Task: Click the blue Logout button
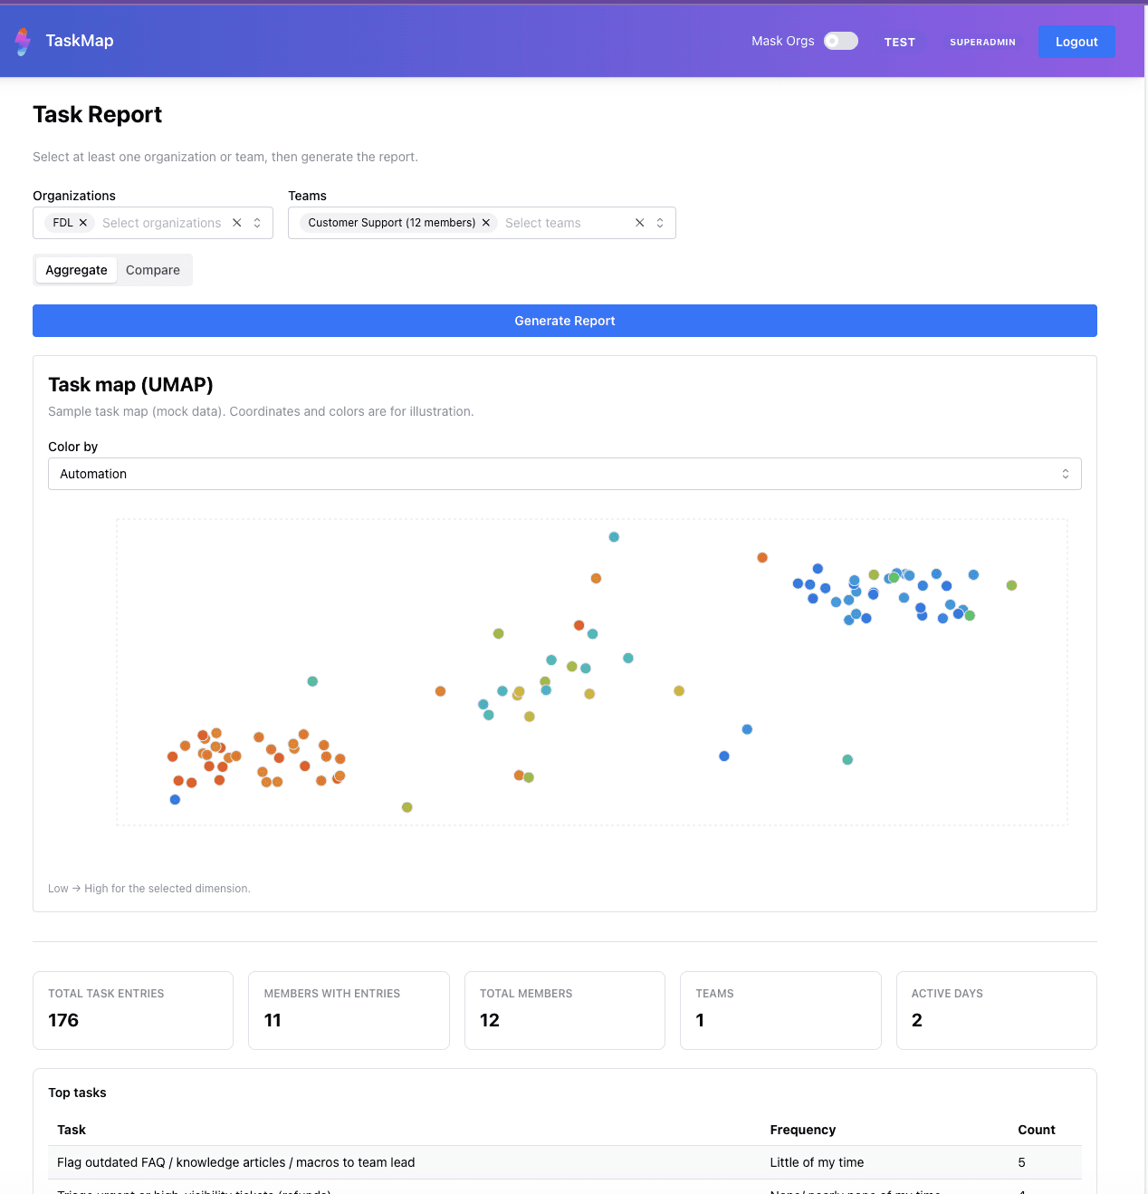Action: point(1076,42)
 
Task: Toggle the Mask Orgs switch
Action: point(840,41)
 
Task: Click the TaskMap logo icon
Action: point(23,41)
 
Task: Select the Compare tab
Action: point(153,270)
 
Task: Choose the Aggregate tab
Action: point(76,270)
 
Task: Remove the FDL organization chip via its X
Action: point(83,223)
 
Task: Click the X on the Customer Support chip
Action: point(486,223)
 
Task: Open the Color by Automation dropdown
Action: point(564,474)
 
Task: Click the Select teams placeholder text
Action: point(543,223)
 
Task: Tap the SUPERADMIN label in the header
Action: point(982,42)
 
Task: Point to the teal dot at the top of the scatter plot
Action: point(614,537)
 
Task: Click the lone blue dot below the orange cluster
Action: point(175,800)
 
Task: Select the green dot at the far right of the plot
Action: point(1011,585)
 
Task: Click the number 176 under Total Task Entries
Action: point(63,1020)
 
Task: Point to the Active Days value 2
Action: point(916,1020)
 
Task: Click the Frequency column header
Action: point(802,1130)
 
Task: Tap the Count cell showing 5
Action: point(1021,1162)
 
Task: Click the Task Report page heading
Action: point(98,115)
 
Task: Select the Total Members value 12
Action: point(490,1020)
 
